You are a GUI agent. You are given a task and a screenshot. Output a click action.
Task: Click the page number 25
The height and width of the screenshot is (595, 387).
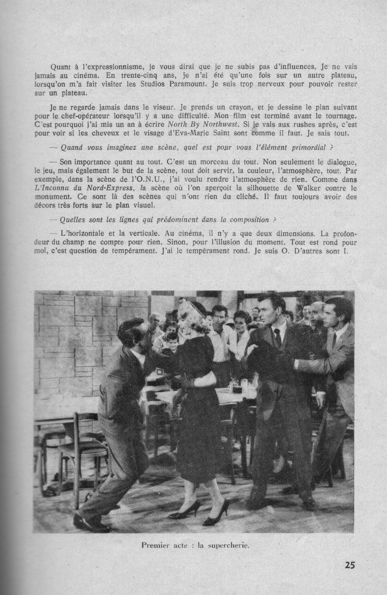coord(350,565)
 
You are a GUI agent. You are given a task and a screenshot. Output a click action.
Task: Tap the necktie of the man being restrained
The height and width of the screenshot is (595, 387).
coord(278,336)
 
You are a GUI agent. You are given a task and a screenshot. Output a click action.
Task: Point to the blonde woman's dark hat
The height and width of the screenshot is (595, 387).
coord(198,308)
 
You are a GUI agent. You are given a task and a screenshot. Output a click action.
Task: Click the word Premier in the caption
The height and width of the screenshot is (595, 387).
coord(156,545)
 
